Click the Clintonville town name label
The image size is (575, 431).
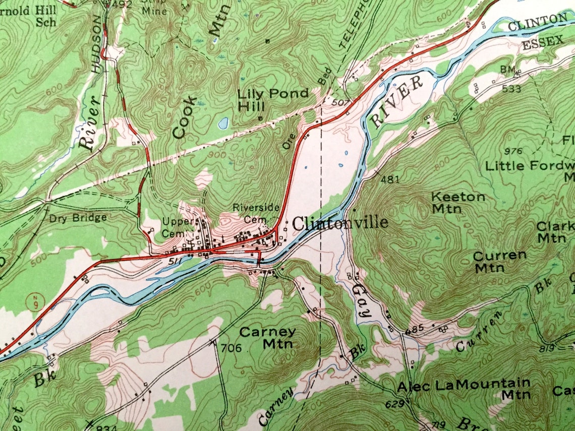340,223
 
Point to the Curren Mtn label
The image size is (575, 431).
499,262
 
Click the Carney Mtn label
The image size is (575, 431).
267,338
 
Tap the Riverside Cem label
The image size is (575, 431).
249,213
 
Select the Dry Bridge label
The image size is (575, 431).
78,218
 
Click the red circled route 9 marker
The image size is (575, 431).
33,302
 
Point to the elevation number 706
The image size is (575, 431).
231,347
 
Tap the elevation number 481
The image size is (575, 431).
390,179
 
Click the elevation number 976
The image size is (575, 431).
513,151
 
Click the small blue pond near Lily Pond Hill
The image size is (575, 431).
223,122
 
